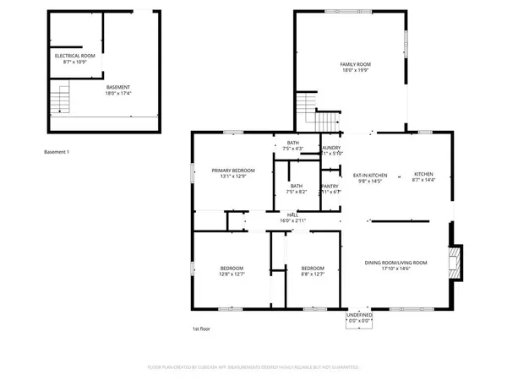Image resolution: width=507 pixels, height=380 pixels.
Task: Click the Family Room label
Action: pos(356,64)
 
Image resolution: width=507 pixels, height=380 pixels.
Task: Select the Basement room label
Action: pos(117,87)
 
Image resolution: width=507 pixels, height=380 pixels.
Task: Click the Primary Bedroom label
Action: pos(232,170)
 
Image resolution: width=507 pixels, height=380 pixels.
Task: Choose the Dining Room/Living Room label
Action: pos(395,263)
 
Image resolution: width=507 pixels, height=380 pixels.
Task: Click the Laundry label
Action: pos(330,148)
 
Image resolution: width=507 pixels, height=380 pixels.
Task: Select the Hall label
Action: pos(293,214)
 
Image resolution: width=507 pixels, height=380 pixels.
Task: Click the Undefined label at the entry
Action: pos(359,315)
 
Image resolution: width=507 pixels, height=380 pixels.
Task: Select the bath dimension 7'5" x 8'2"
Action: pos(297,192)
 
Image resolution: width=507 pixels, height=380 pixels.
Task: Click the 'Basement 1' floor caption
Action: pos(56,151)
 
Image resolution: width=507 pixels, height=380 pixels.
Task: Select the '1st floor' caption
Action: pos(201,328)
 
